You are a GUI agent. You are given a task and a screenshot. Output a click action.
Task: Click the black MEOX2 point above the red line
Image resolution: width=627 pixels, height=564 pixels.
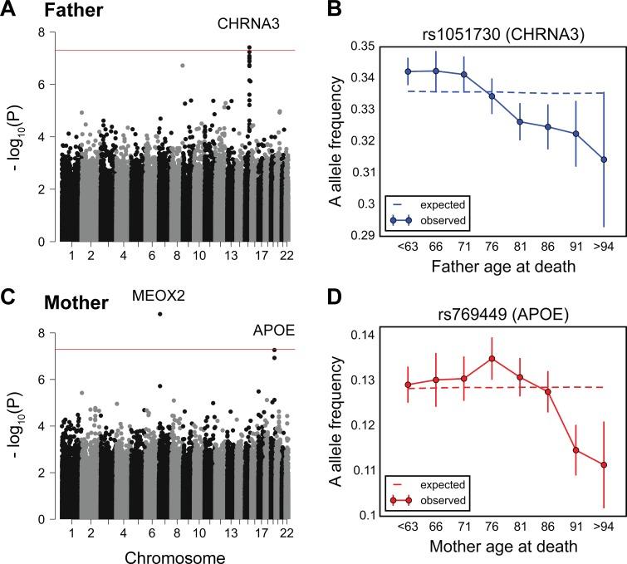coord(160,314)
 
